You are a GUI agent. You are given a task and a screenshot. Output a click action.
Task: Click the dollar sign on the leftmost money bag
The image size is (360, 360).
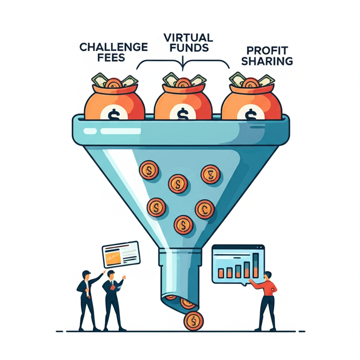(x=113, y=114)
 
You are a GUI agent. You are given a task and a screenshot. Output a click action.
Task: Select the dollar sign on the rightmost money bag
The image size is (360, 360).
(x=250, y=114)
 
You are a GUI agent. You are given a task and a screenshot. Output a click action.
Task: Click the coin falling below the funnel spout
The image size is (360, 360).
(x=193, y=321)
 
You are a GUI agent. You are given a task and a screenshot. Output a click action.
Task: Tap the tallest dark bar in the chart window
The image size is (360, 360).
(x=256, y=265)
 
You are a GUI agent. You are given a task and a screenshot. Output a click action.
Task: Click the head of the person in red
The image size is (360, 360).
(x=268, y=275)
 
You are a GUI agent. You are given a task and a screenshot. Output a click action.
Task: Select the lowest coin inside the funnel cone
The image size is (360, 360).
(x=183, y=224)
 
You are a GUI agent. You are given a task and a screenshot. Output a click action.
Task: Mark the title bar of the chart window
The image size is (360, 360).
(x=238, y=247)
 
